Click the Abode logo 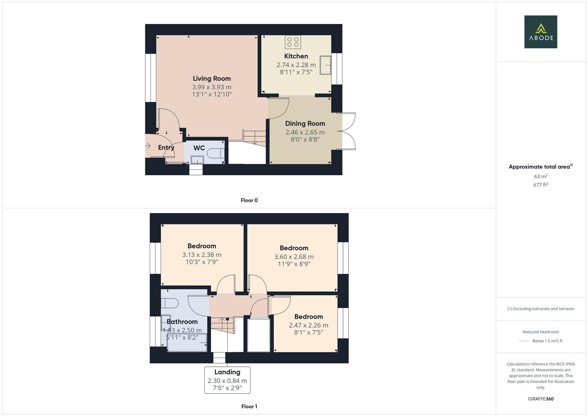[x=541, y=32]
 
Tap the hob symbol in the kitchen [x=293, y=42]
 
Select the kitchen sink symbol [x=327, y=65]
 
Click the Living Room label [x=212, y=79]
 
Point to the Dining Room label [x=305, y=124]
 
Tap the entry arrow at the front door [x=147, y=146]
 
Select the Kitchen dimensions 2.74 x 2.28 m [x=296, y=65]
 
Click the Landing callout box [x=227, y=380]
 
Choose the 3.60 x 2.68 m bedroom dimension [x=294, y=257]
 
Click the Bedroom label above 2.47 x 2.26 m [x=308, y=317]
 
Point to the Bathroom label [x=182, y=322]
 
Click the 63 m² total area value [x=541, y=176]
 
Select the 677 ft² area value [x=541, y=185]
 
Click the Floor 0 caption [x=249, y=200]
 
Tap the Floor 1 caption [x=249, y=406]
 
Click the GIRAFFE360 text [x=541, y=399]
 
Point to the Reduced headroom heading [x=541, y=332]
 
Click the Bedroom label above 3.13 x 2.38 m [x=202, y=246]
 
